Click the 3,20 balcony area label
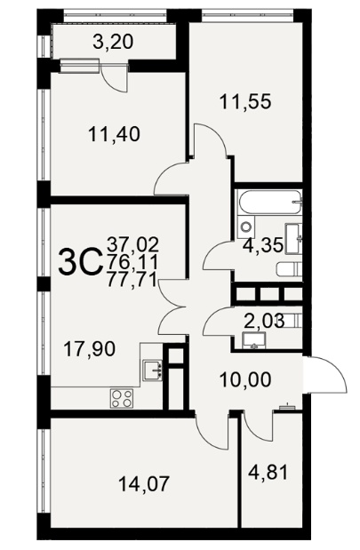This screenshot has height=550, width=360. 114,43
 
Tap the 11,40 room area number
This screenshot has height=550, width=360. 115,134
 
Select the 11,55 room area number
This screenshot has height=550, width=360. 245,102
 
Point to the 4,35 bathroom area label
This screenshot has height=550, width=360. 263,245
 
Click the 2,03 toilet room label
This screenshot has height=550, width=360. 264,321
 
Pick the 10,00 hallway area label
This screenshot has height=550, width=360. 245,379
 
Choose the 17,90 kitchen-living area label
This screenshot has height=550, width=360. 90,349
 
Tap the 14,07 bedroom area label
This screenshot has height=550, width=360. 144,483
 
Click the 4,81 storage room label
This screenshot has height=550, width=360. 268,472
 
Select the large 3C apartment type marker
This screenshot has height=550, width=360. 79,261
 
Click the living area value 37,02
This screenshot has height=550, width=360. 133,244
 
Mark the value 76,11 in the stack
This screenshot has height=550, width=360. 132,262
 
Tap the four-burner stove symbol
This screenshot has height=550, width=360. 122,398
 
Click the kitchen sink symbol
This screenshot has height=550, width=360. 153,371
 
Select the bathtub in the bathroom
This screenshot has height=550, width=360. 270,203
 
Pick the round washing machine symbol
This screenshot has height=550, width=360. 246,227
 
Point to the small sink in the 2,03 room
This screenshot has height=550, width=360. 253,341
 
